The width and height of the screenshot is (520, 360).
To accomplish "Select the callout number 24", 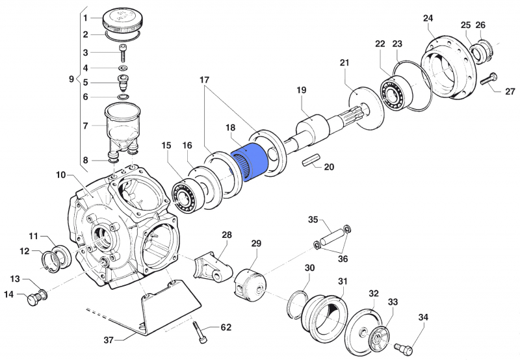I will (x=428, y=18).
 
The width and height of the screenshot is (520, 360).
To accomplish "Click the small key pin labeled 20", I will (x=309, y=160).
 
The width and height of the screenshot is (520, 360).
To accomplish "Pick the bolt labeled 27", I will (x=489, y=80).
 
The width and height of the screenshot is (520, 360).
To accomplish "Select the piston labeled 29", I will (x=252, y=280).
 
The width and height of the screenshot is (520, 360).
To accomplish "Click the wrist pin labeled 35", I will (x=332, y=238).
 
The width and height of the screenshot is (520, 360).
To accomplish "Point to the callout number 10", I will (x=61, y=175).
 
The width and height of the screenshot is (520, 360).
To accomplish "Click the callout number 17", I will (x=205, y=81).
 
